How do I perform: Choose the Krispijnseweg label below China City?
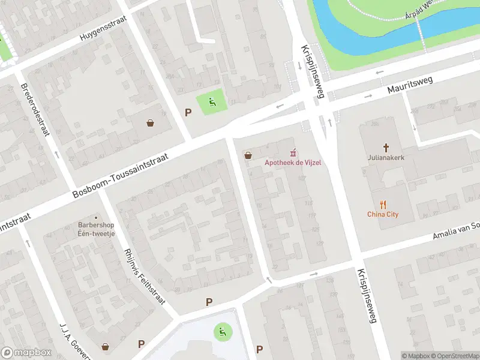[367, 296]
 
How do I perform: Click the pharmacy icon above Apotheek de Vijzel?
[293, 152]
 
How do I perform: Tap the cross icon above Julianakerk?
[385, 148]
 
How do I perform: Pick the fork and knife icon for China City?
[383, 203]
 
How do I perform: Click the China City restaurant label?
[383, 214]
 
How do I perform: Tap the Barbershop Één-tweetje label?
[95, 229]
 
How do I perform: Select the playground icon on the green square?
[212, 101]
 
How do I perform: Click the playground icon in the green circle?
[223, 330]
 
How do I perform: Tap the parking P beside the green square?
[188, 112]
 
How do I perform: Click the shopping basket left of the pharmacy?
[247, 156]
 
